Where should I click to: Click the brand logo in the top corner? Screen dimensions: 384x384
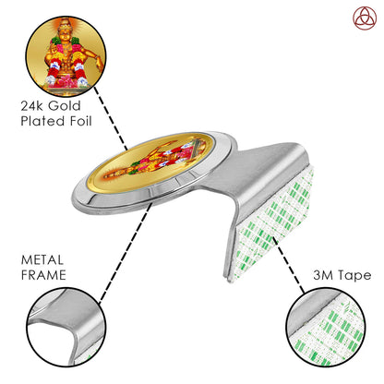click(365, 18)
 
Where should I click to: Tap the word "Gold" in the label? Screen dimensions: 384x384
click(65, 106)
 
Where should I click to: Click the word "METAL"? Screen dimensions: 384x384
click(42, 260)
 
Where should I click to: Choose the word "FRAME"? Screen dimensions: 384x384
click(43, 275)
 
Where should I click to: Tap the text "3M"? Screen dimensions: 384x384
click(323, 275)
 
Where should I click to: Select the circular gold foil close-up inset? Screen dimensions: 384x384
click(66, 56)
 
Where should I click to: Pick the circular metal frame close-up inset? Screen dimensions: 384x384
click(66, 327)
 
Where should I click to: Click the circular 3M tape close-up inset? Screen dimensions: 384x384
click(326, 327)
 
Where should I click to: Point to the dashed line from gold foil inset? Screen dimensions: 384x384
click(111, 118)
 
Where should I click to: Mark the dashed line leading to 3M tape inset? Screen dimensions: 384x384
click(289, 265)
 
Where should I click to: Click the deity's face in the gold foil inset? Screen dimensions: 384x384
click(65, 31)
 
